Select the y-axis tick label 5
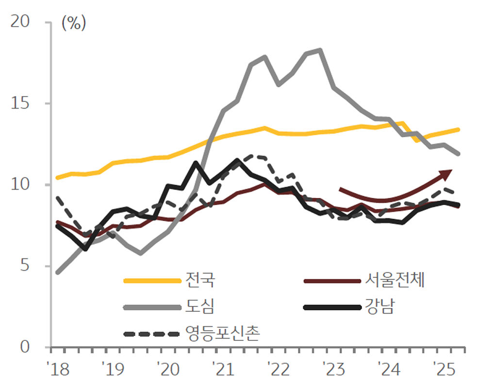[24, 266]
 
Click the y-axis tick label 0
[24, 347]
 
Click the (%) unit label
[74, 23]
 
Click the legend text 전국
[199, 280]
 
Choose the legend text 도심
[199, 306]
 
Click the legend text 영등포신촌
[223, 333]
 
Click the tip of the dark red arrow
[452, 171]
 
